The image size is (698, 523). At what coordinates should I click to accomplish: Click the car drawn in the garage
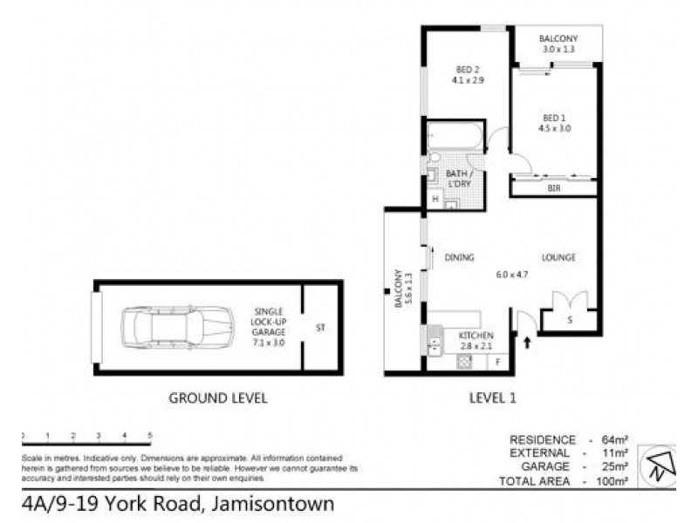178,327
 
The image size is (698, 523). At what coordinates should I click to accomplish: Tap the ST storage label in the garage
320,328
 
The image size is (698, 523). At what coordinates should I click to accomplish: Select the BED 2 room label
468,70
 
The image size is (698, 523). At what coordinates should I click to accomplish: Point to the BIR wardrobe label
553,187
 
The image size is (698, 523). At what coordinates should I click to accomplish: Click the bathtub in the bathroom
454,136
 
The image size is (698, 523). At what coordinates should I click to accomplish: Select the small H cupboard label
435,200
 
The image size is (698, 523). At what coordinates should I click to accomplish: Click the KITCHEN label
477,336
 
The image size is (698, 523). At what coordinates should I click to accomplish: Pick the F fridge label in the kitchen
497,361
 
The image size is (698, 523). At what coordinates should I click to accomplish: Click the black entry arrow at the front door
526,343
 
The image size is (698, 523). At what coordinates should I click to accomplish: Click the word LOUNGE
558,257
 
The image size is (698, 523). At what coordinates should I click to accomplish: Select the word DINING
459,257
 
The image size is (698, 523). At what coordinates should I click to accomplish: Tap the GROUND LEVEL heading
217,398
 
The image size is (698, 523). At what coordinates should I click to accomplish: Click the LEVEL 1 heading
493,398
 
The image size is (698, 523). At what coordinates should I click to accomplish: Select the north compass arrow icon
660,465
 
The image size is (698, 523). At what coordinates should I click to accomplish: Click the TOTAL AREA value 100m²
612,480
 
